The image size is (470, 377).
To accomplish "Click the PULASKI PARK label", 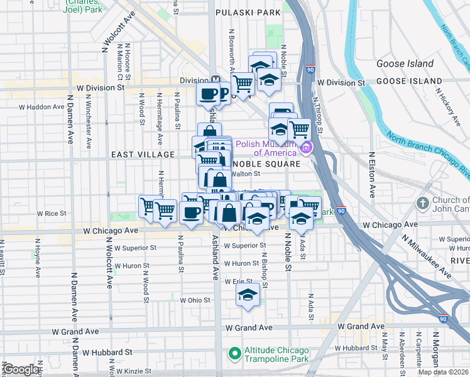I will point(247,12).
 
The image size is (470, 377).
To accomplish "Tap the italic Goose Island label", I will point(405,63).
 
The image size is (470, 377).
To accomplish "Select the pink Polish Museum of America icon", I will point(306,148).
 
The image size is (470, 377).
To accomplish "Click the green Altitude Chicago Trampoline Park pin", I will point(235,354).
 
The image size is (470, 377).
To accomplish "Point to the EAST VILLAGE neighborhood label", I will point(142,155).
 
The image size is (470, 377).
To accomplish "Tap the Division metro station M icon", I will point(216,80).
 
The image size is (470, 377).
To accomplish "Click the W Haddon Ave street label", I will point(38,107).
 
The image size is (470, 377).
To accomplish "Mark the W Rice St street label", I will point(52,214).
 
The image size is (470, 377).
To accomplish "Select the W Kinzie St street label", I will point(135,371).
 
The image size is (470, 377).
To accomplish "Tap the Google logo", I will point(21,370).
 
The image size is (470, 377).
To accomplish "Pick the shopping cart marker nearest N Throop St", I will point(300,129).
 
